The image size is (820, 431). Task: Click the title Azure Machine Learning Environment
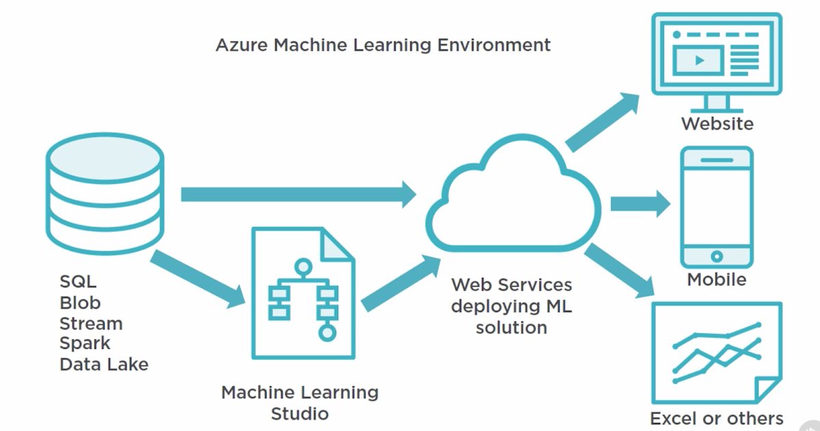click(x=383, y=46)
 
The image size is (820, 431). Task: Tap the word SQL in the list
click(x=78, y=282)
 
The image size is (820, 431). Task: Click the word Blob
click(x=80, y=302)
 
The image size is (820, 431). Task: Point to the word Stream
click(x=91, y=323)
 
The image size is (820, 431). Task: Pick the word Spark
click(x=85, y=343)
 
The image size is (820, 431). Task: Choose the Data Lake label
click(x=104, y=364)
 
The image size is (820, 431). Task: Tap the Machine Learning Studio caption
click(x=299, y=403)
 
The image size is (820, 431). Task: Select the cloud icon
click(x=512, y=198)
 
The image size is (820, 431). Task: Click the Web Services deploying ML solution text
click(x=511, y=306)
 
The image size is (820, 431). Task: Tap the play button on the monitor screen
click(x=699, y=60)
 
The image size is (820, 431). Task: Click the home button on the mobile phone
click(x=716, y=257)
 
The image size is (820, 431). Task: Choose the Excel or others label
click(x=716, y=418)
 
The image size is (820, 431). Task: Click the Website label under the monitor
click(x=717, y=124)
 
